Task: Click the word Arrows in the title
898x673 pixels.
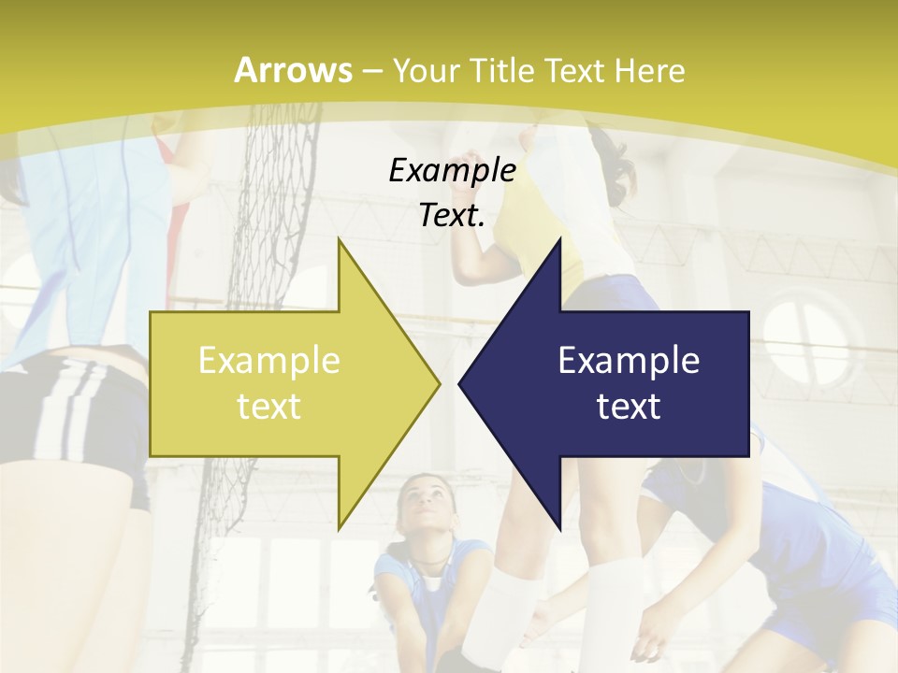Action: pyautogui.click(x=293, y=70)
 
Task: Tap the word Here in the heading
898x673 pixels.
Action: pyautogui.click(x=649, y=70)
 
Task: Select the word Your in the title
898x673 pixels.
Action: pyautogui.click(x=426, y=70)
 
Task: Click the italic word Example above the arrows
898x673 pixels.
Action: pyautogui.click(x=452, y=170)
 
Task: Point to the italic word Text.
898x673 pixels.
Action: pyautogui.click(x=452, y=216)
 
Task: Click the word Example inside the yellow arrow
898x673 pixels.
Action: pyautogui.click(x=269, y=361)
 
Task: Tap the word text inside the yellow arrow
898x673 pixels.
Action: pyautogui.click(x=269, y=407)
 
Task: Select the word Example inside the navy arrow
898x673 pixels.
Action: pyautogui.click(x=629, y=361)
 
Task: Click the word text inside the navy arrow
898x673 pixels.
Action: pyautogui.click(x=629, y=407)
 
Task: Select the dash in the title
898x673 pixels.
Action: pyautogui.click(x=371, y=71)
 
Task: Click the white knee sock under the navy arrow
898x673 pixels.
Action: pyautogui.click(x=613, y=598)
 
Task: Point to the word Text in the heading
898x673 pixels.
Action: pyautogui.click(x=576, y=70)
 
